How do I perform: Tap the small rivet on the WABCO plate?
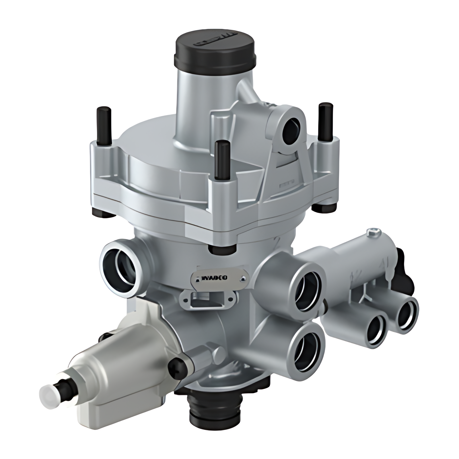coord(243,279)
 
